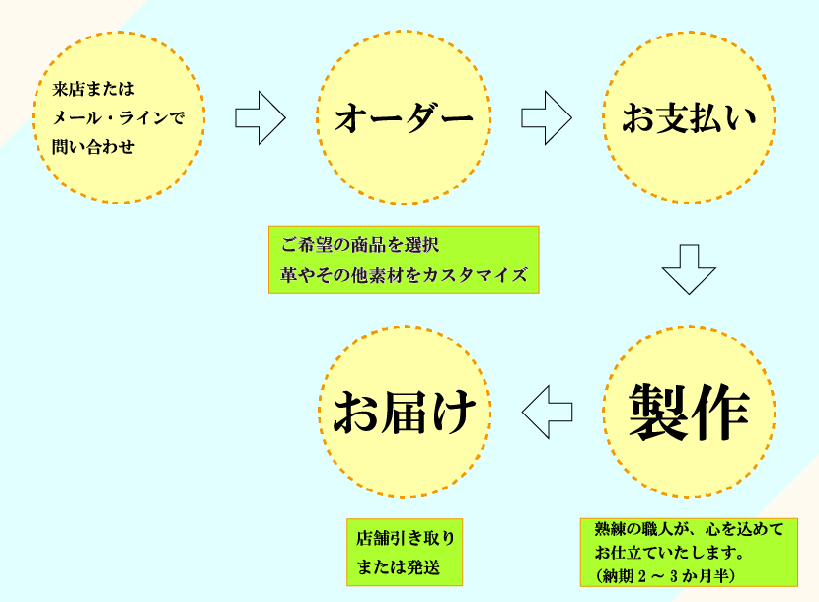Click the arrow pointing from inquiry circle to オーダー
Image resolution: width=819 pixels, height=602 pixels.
click(260, 118)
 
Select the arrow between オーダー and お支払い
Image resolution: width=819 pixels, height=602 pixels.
click(546, 118)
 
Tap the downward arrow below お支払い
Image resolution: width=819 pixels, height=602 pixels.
click(688, 268)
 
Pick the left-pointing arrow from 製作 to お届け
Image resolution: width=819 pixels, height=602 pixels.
click(547, 413)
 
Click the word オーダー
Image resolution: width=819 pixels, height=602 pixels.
click(404, 118)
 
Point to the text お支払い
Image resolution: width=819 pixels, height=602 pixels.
click(688, 118)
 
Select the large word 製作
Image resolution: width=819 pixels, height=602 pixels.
click(689, 412)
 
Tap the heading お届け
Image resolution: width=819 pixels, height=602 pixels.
click(404, 413)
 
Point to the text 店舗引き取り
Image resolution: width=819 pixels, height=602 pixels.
click(406, 539)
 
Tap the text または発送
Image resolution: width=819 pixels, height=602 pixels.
click(398, 567)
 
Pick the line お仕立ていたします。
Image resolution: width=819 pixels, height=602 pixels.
click(669, 552)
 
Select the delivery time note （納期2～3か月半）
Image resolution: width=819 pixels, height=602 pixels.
click(665, 573)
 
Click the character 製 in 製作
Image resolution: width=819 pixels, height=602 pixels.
click(659, 412)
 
